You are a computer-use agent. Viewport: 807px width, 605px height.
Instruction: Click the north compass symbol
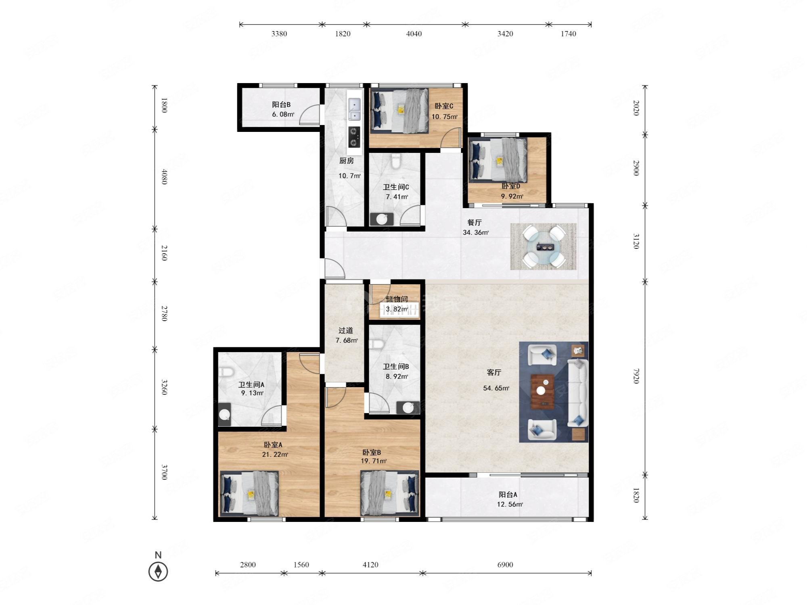[158, 572]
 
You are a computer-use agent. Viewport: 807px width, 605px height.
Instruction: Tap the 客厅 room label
[494, 373]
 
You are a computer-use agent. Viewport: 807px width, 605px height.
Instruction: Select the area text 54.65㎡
[496, 388]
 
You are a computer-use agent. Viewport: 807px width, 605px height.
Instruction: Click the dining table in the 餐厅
[544, 246]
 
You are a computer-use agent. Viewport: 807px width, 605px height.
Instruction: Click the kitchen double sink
[354, 110]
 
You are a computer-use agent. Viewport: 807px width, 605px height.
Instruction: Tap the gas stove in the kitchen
[354, 137]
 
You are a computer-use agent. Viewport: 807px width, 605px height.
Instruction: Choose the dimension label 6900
[505, 565]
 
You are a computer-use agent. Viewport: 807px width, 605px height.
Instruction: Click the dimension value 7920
[636, 376]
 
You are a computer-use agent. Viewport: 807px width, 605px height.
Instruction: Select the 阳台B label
[281, 105]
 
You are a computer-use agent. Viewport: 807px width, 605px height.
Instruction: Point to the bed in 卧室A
[249, 494]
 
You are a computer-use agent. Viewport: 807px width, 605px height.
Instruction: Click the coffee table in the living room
[543, 392]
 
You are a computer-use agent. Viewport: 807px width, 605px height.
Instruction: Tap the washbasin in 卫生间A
[224, 414]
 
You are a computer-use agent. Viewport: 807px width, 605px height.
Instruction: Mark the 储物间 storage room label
[396, 299]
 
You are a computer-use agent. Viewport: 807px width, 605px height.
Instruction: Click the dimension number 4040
[414, 33]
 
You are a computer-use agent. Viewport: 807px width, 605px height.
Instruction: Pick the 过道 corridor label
[345, 331]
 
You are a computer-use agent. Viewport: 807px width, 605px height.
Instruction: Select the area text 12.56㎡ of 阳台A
[510, 504]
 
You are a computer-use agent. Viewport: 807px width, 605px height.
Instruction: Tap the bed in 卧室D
[498, 160]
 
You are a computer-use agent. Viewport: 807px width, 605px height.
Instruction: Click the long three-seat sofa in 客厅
[577, 392]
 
